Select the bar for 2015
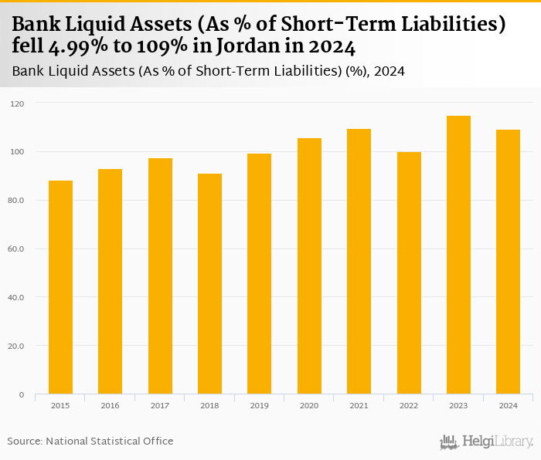pos(60,287)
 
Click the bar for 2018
pos(209,284)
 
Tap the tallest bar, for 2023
pos(458,255)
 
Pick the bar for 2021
pos(359,262)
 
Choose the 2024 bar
pos(508,262)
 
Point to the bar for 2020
pos(309,266)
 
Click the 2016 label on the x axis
pos(110,405)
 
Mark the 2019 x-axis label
pos(259,405)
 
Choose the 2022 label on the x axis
pos(408,405)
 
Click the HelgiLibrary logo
pos(487,442)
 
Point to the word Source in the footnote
pos(25,441)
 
